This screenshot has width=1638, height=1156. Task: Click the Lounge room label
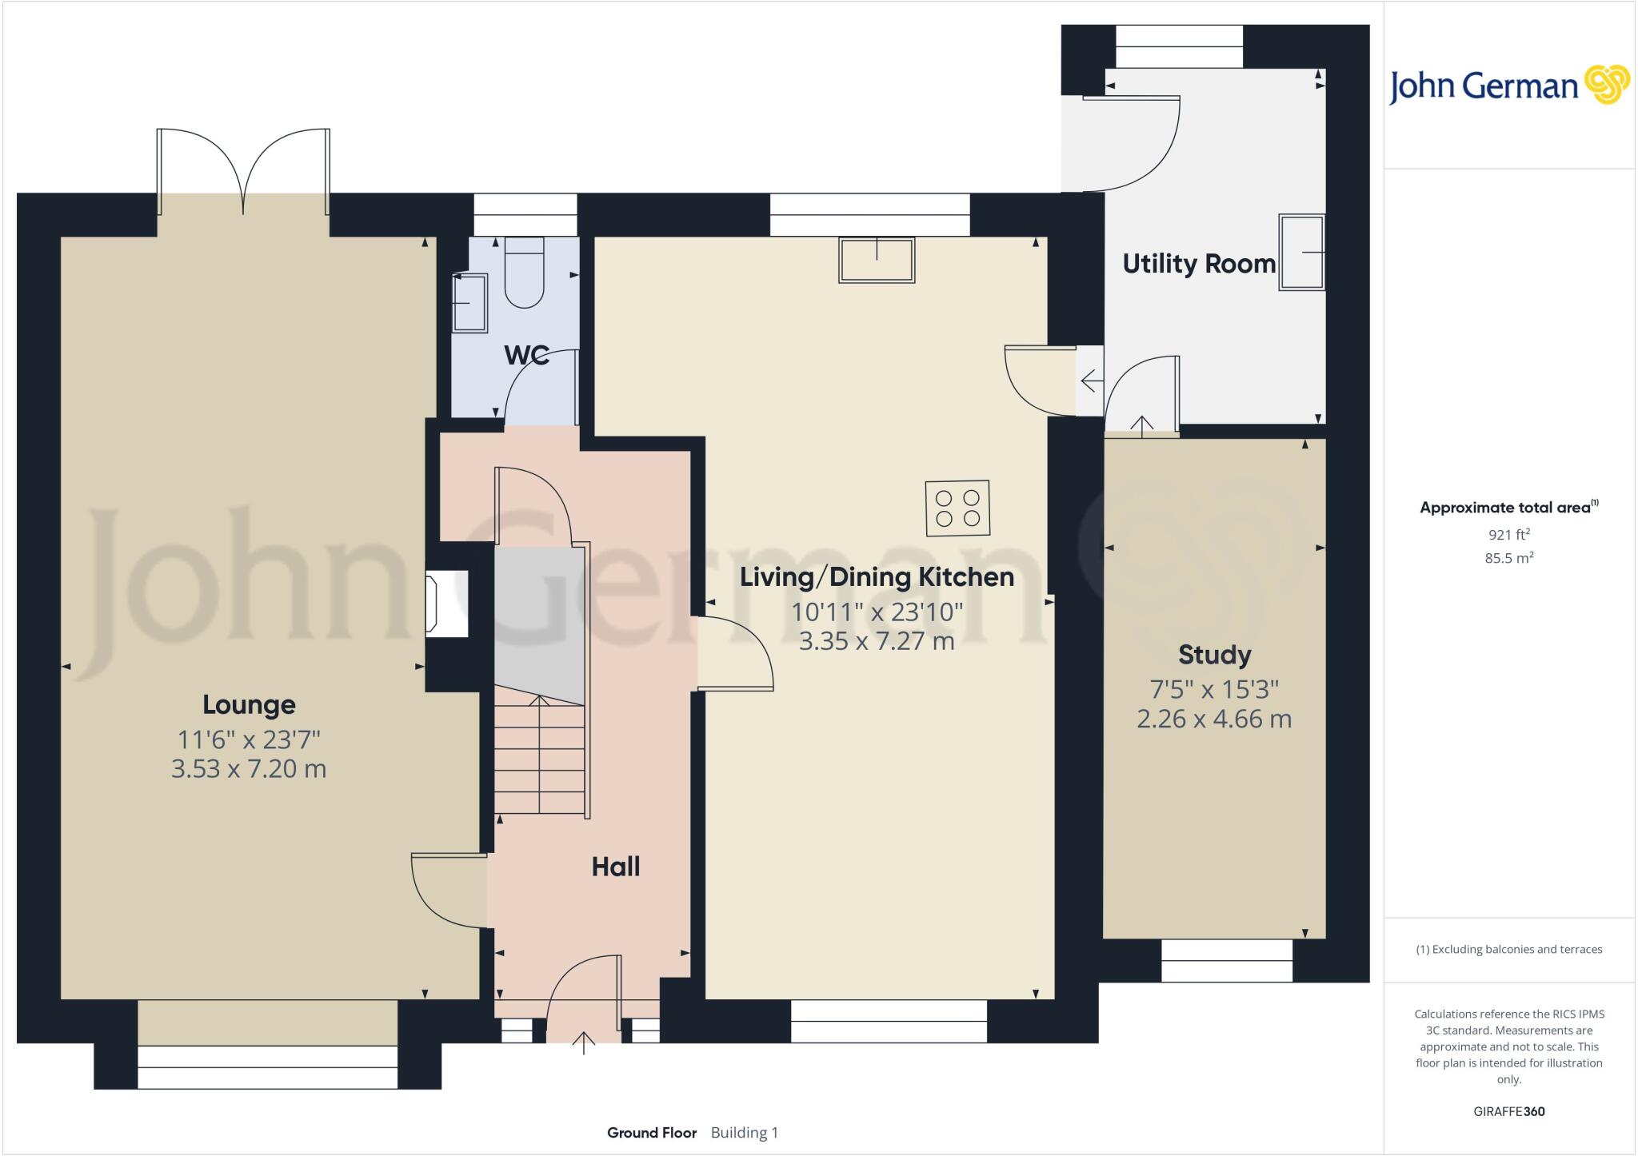(249, 704)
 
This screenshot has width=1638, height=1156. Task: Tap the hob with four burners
(957, 508)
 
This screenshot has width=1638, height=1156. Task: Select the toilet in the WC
(524, 272)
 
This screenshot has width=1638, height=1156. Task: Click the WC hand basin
(470, 303)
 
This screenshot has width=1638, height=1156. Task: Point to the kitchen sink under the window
(876, 260)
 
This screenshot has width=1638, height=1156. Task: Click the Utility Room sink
(1300, 252)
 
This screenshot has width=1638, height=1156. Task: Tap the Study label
(1214, 655)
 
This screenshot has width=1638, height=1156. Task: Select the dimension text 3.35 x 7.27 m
(877, 641)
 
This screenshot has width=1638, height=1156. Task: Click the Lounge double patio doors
(243, 172)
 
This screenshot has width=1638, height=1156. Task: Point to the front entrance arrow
(584, 1042)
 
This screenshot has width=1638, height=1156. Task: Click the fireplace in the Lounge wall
(446, 604)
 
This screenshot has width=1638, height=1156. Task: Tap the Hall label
(615, 867)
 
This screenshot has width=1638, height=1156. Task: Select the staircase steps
(540, 759)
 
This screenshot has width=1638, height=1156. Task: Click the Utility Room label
(1198, 264)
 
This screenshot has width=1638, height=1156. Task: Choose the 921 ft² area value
(1508, 535)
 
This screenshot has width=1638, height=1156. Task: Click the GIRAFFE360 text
(1508, 1111)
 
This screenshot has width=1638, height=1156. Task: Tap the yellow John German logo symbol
(1606, 84)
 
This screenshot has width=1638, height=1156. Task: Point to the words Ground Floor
(651, 1133)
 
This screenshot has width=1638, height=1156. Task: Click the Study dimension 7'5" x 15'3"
(1214, 688)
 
